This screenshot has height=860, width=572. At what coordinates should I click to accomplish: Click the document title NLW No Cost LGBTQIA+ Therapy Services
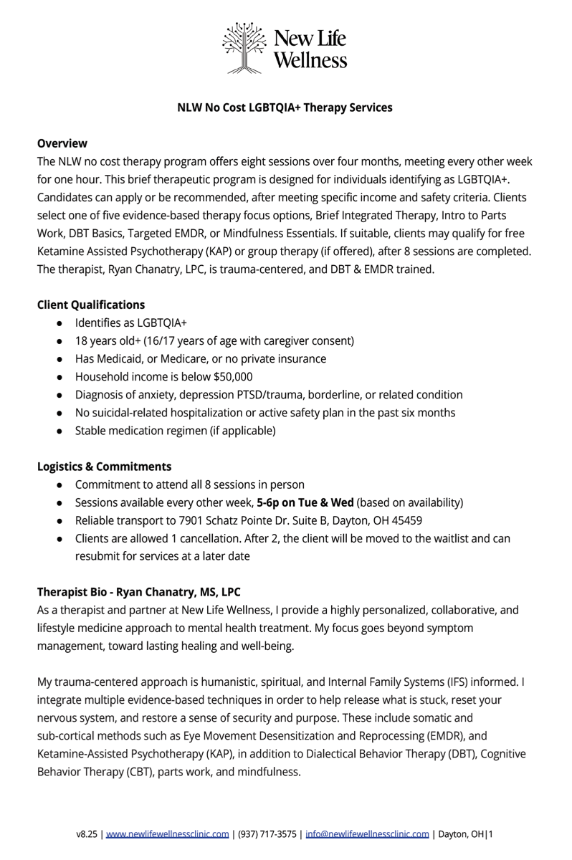(x=285, y=107)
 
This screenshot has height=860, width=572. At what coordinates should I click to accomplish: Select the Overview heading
(x=62, y=143)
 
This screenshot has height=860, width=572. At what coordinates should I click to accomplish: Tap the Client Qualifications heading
(x=91, y=305)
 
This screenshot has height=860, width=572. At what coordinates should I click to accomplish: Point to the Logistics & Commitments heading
(x=104, y=467)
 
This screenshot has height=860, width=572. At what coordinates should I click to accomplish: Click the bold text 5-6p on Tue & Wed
(x=305, y=502)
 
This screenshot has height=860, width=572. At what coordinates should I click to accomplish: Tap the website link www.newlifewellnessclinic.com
(x=168, y=834)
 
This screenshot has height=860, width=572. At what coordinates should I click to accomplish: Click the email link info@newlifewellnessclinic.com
(x=367, y=834)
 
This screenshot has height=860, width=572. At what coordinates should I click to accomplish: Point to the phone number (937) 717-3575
(x=267, y=834)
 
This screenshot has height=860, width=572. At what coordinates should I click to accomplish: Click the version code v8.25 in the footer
(x=87, y=834)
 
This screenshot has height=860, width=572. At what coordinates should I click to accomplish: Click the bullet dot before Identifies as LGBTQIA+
(x=59, y=323)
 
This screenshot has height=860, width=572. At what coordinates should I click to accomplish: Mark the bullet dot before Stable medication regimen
(x=59, y=431)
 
